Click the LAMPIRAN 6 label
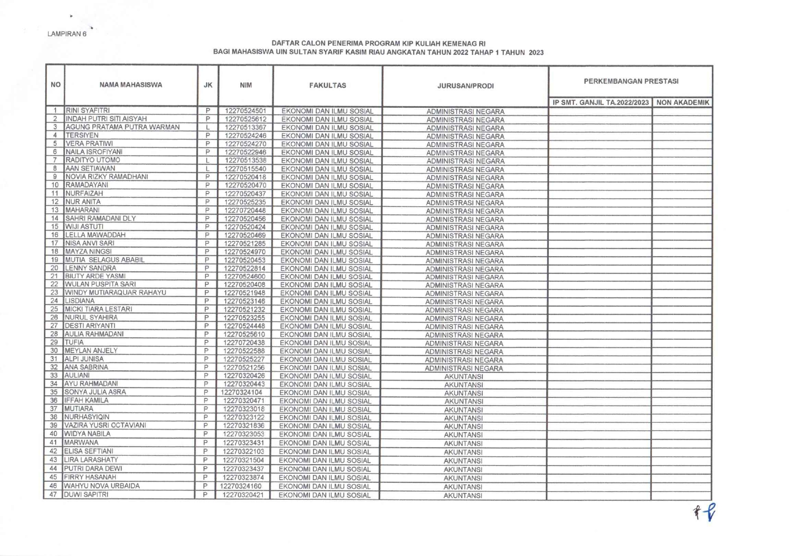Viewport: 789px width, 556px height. [67, 34]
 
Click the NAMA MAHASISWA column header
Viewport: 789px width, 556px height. [131, 85]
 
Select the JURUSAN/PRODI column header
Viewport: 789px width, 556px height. [465, 86]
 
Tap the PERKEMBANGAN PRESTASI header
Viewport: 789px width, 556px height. [631, 81]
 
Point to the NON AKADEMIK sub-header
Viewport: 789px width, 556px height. [682, 103]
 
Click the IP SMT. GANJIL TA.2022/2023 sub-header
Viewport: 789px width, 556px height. [600, 103]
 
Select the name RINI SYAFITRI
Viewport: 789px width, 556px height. [88, 111]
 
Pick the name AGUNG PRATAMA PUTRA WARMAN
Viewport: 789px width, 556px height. [122, 127]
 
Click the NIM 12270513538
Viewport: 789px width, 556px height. [245, 160]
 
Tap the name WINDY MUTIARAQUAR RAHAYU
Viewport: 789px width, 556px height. [115, 292]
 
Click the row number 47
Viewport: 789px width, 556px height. [53, 494]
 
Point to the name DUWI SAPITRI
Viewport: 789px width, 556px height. [86, 494]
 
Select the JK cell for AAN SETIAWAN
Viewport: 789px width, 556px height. [208, 169]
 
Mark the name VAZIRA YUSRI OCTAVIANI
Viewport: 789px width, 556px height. [105, 425]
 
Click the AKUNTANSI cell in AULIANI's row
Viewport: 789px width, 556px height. [463, 376]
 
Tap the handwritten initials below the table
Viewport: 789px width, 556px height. [705, 512]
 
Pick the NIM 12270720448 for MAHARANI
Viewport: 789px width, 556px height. [245, 211]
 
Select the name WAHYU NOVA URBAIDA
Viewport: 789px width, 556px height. [101, 486]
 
